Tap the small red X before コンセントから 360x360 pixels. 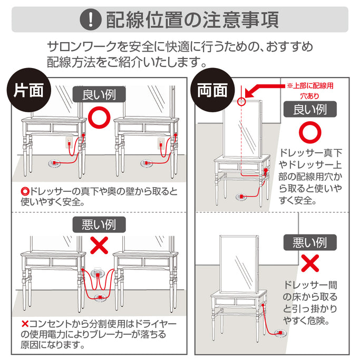pyautogui.click(x=24, y=323)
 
